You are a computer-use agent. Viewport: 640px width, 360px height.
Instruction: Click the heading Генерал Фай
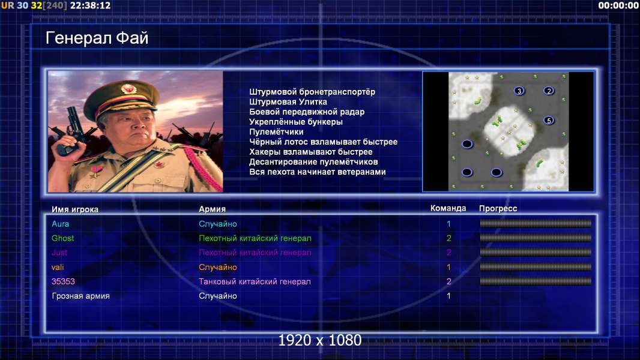tap(97, 38)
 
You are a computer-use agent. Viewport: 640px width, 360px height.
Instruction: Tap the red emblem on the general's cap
tap(128, 88)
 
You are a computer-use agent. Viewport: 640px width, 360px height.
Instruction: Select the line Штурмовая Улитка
tap(288, 102)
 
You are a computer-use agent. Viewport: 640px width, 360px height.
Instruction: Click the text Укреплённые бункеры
tap(295, 122)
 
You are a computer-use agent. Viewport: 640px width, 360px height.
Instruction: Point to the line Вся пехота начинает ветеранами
tap(317, 172)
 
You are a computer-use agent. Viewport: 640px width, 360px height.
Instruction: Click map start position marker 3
tap(519, 91)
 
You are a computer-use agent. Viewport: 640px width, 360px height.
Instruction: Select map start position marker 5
tap(549, 120)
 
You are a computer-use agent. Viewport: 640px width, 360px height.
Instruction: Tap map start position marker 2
tap(549, 91)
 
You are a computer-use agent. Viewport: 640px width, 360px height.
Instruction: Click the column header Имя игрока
tap(74, 209)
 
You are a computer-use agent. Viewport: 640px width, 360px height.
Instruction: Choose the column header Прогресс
tap(498, 208)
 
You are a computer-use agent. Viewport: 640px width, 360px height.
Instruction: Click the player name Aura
tap(61, 224)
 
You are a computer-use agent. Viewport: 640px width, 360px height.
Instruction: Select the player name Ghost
tap(63, 238)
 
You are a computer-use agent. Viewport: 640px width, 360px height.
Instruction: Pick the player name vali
tap(58, 267)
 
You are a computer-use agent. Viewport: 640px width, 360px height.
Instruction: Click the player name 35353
tap(63, 281)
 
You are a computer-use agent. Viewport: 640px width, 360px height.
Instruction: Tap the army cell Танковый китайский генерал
tap(255, 281)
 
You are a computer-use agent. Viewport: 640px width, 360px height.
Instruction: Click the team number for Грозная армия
tap(448, 296)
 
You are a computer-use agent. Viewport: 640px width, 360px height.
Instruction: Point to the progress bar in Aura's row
tap(536, 223)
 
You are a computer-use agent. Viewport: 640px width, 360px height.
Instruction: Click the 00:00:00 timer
tap(618, 5)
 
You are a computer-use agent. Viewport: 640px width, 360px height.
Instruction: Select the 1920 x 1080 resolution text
tap(320, 340)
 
